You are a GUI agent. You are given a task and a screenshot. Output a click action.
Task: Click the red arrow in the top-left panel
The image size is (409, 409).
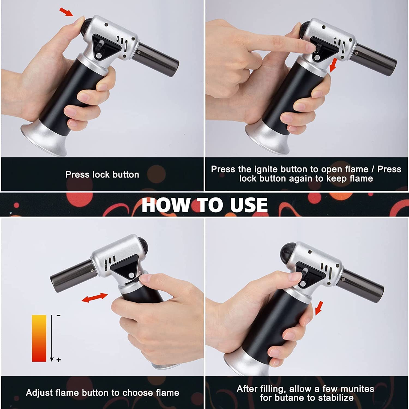[x=66, y=12]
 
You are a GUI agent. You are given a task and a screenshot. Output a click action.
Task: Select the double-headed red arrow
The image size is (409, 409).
[x=95, y=297]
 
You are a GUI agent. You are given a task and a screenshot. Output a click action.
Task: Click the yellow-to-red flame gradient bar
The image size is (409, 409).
[x=39, y=338]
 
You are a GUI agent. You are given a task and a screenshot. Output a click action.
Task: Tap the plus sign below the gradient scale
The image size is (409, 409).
[x=59, y=360]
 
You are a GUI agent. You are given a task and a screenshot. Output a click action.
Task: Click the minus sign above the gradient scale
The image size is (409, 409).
[x=58, y=316]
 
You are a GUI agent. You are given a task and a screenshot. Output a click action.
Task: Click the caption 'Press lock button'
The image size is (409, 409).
[x=102, y=175]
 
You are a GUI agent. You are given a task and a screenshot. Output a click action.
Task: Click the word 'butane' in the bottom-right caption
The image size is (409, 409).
[x=298, y=398]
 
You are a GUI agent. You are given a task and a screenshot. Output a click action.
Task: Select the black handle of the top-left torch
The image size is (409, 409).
[x=65, y=95]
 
